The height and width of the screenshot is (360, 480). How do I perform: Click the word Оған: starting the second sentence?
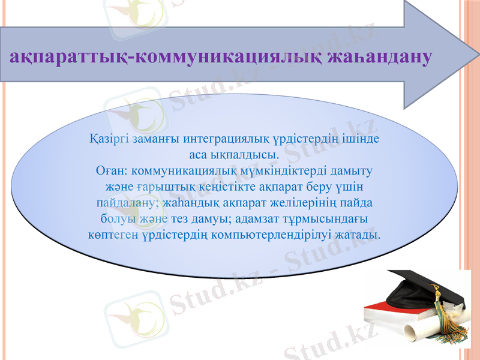(111, 170)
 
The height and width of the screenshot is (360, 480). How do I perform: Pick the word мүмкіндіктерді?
(287, 170)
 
